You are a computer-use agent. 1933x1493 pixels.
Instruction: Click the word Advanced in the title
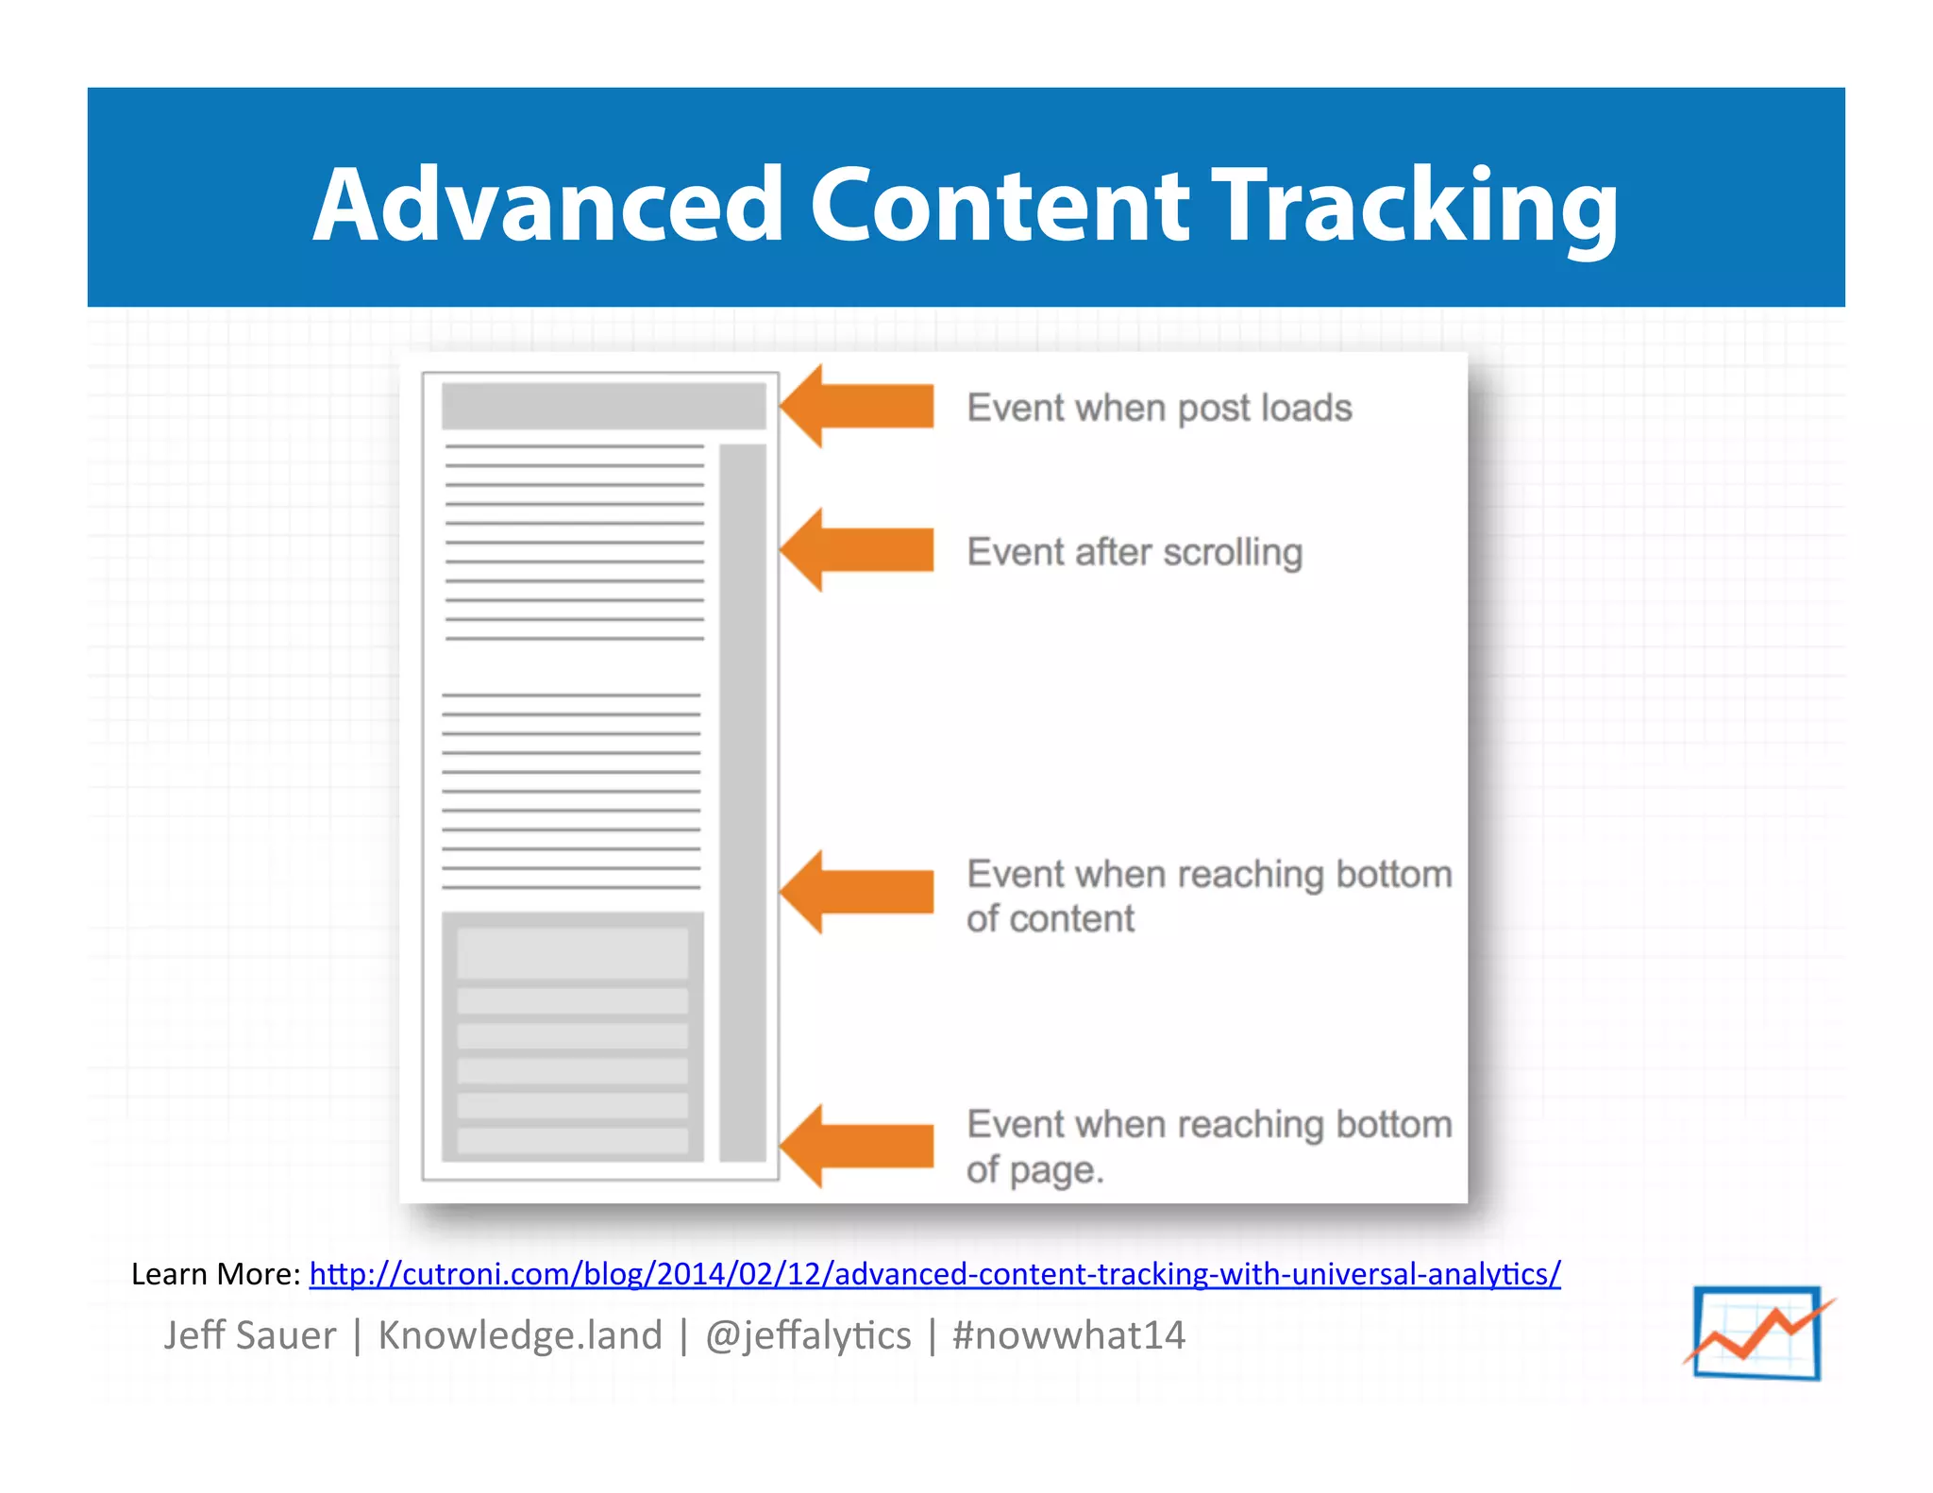point(547,205)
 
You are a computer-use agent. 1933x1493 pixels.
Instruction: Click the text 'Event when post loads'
point(1159,408)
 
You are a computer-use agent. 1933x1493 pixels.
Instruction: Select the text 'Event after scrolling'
point(1135,552)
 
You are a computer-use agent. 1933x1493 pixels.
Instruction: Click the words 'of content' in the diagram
point(1051,919)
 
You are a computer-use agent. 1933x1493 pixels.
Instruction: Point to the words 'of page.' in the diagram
point(1034,1170)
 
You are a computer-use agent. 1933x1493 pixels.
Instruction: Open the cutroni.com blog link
point(934,1274)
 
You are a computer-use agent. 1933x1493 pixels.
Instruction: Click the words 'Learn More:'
point(215,1274)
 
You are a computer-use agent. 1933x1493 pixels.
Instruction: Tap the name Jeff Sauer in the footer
point(250,1335)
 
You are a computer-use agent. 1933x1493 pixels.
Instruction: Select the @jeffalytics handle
point(808,1335)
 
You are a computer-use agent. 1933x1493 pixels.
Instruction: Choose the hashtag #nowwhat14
point(1068,1335)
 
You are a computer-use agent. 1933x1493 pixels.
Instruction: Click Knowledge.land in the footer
point(520,1335)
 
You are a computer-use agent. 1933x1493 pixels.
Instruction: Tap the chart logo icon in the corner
point(1757,1333)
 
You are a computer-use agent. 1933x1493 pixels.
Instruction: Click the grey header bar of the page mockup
point(603,406)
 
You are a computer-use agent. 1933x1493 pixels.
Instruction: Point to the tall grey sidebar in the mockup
point(743,802)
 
